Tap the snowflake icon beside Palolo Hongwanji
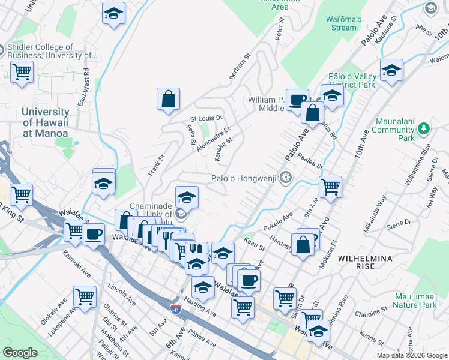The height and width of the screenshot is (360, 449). point(286,178)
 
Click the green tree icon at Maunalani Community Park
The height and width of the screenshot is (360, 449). point(424,129)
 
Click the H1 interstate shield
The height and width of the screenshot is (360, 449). point(175,308)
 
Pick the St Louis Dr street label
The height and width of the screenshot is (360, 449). point(206,118)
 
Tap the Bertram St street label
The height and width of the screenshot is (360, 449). point(238,67)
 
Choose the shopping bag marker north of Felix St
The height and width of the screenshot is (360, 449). point(169,99)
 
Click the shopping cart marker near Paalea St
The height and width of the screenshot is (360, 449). point(330,187)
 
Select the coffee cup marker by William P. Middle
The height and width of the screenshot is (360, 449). point(297,99)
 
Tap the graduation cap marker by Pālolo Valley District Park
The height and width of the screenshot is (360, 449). point(331,95)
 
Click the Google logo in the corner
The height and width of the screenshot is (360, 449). point(20,353)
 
